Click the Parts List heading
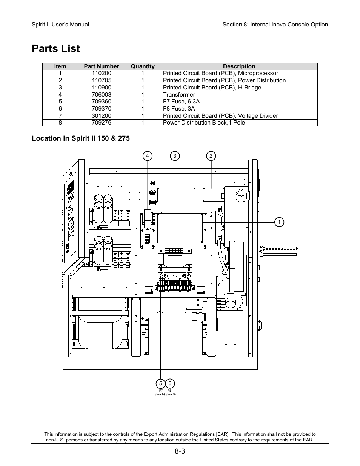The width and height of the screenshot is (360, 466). point(56,49)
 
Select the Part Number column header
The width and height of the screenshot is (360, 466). point(101,66)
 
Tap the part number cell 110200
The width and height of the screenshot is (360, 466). point(101,73)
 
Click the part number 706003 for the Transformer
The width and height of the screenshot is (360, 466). point(101,95)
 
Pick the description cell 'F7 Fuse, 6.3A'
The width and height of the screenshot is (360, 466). point(181,102)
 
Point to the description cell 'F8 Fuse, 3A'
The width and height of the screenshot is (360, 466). point(179,109)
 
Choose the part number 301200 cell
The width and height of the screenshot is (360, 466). point(101,116)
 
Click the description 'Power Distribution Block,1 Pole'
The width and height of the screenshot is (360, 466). point(204,123)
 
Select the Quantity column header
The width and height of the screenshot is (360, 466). point(143,66)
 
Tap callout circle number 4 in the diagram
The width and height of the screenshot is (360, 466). point(148,156)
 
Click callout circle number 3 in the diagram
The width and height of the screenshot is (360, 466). point(175,156)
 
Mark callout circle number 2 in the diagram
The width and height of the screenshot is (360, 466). point(211,156)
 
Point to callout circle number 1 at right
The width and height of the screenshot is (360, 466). point(279,222)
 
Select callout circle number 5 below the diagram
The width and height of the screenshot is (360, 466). point(160,384)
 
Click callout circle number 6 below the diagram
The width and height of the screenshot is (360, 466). point(170,384)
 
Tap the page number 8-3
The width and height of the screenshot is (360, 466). point(180,452)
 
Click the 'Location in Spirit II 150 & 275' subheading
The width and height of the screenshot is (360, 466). point(80,138)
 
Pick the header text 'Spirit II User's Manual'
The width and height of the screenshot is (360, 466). point(60,25)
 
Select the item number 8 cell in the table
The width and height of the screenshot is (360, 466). point(60,123)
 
